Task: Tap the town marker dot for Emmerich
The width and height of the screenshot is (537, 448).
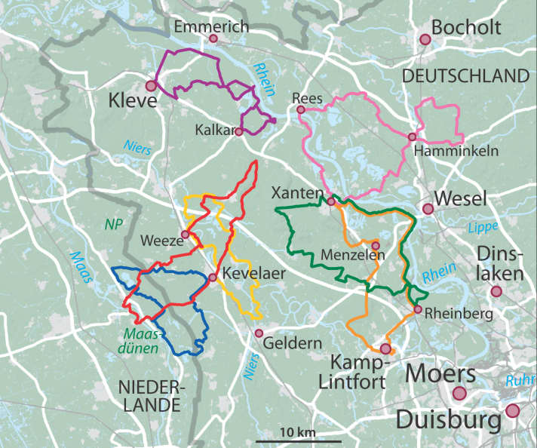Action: pos(213,38)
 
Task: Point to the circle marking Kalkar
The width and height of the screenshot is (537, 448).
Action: pos(238,131)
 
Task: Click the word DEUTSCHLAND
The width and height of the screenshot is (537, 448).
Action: pos(465,76)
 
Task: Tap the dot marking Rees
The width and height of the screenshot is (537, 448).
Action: pos(301,110)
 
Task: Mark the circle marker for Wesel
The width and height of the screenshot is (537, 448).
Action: pos(428,209)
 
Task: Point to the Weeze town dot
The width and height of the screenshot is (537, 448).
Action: pos(185,235)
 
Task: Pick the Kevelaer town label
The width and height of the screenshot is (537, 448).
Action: pos(253,274)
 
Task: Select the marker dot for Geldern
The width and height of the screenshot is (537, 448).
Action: pos(259,333)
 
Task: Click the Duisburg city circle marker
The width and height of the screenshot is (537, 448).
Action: pos(513,411)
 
